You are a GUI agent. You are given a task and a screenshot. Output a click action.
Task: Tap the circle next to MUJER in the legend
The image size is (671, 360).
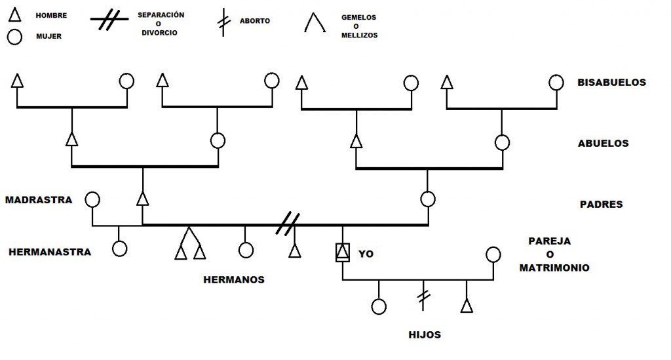pos(15,37)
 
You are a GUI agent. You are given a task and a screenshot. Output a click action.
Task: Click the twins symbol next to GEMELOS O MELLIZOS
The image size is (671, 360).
pos(315,24)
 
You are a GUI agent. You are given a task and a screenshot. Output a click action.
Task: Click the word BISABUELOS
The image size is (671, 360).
pos(611,83)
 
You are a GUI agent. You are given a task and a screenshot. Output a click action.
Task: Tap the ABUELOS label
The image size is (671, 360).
pos(603,143)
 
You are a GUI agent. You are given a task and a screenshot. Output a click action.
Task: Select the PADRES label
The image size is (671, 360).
pos(601,204)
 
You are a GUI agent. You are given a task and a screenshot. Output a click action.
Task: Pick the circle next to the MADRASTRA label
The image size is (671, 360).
pos(92,199)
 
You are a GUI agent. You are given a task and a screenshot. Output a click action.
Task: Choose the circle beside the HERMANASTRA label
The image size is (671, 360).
pos(119,249)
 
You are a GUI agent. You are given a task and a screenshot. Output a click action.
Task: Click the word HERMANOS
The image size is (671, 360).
pos(234,279)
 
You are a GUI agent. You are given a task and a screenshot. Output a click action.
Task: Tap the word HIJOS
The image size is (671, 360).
pos(425,334)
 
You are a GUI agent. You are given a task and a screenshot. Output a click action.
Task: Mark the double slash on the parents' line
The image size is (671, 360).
pos(287,224)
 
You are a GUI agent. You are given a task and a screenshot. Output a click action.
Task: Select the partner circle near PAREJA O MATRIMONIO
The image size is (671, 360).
pos(493,254)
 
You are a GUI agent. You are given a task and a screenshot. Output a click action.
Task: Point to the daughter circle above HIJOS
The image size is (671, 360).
pos(379,306)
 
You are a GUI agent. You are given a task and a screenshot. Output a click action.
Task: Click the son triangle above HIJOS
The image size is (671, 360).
pos(466,306)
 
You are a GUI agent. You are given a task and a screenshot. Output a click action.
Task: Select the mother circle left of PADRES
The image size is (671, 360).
pos(428,199)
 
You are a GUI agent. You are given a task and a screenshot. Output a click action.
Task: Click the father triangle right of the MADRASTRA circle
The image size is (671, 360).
pos(142,199)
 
